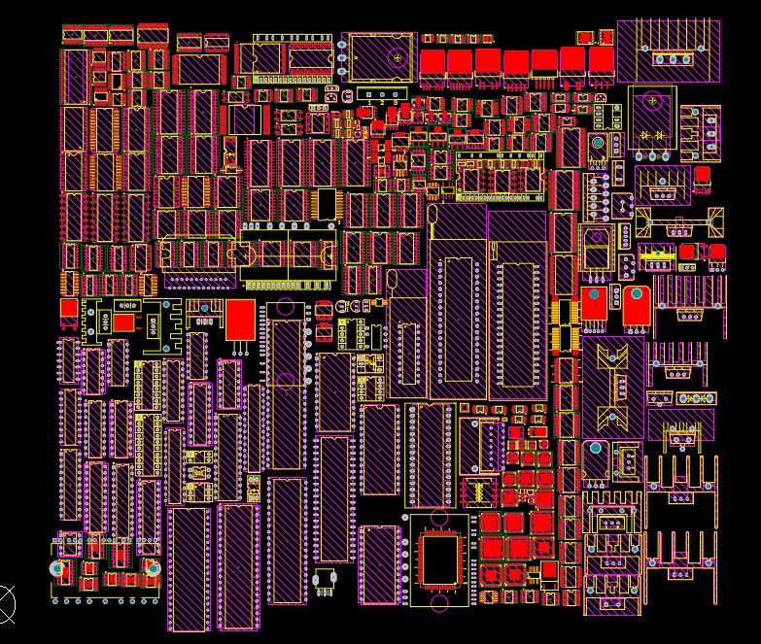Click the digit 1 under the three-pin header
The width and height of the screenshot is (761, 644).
[369, 102]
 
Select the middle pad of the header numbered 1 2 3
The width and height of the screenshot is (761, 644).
[382, 93]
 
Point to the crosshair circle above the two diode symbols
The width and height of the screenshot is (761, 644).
[651, 99]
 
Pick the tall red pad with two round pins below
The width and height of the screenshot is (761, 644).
[240, 320]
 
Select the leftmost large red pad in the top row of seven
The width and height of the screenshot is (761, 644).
[432, 64]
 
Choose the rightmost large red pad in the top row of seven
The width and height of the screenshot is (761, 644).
[602, 62]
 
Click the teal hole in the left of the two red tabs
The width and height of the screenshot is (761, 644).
[595, 293]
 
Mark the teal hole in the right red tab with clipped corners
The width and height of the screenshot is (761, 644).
[637, 293]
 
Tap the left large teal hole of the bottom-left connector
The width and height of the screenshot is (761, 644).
[57, 568]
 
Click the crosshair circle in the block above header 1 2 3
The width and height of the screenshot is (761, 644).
[397, 57]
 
